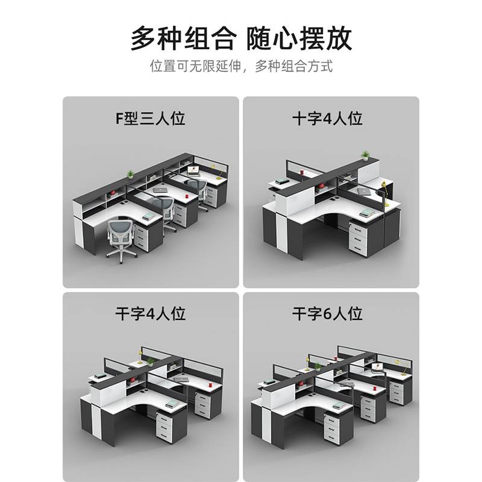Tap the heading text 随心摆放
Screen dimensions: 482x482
point(300,37)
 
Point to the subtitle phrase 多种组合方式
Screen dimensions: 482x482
point(294,66)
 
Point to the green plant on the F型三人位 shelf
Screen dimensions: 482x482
point(130,174)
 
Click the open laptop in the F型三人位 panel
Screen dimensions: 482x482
point(192,170)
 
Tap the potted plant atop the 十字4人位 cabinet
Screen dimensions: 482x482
point(365,155)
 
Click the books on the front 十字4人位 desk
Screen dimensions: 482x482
point(368,211)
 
